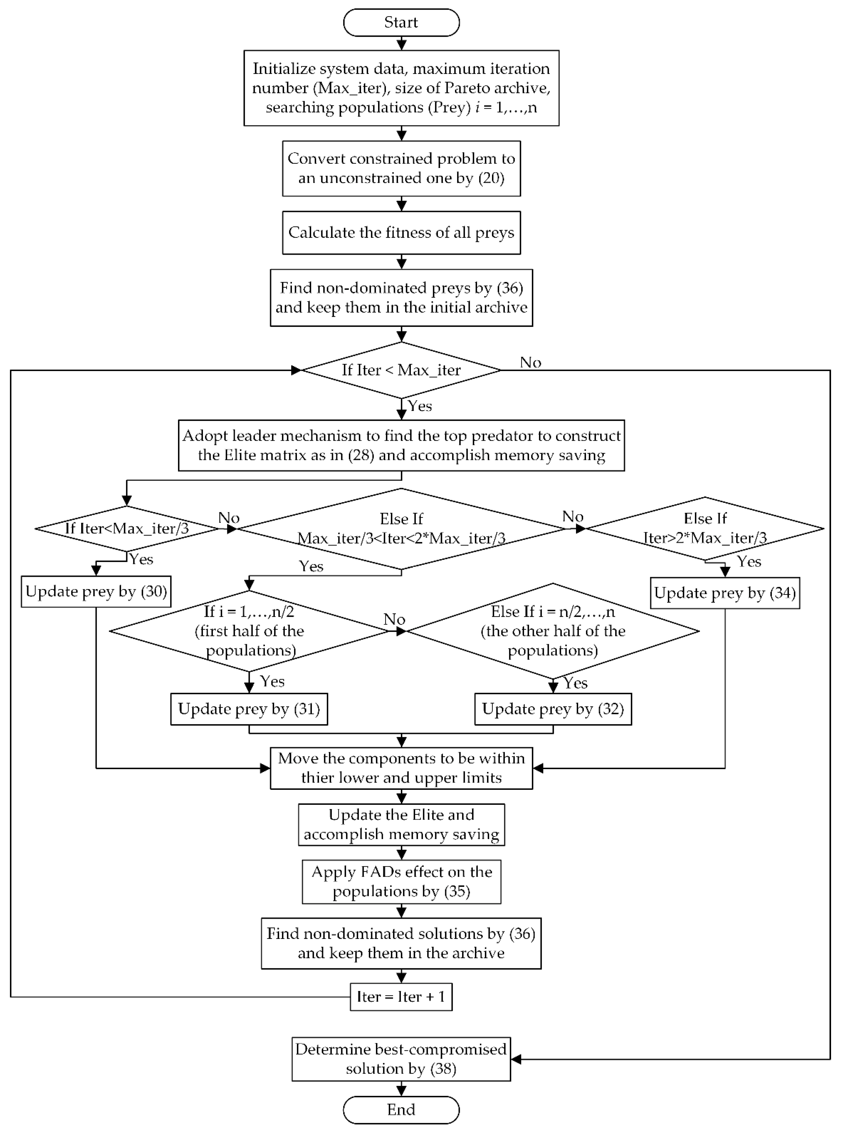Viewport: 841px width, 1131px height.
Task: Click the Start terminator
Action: coord(401,23)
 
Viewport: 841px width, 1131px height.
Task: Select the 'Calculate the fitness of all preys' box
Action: coord(401,233)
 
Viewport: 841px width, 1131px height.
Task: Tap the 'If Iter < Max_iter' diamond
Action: coord(401,370)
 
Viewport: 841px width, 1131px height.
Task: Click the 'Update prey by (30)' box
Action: coord(96,591)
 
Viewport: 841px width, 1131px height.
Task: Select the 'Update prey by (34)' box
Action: coord(725,593)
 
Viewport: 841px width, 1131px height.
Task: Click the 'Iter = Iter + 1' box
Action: coord(401,997)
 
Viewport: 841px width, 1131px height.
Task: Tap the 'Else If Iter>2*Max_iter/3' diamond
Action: coord(705,528)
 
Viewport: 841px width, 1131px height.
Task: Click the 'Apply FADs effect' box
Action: coord(401,882)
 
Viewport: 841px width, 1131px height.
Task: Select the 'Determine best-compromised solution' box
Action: coord(401,1059)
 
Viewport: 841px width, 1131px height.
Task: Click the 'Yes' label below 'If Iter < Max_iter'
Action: coord(420,406)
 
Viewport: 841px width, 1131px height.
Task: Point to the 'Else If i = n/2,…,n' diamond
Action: coord(553,631)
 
